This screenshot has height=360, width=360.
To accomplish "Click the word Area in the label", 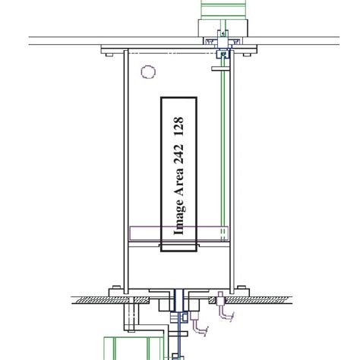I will [179, 188].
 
